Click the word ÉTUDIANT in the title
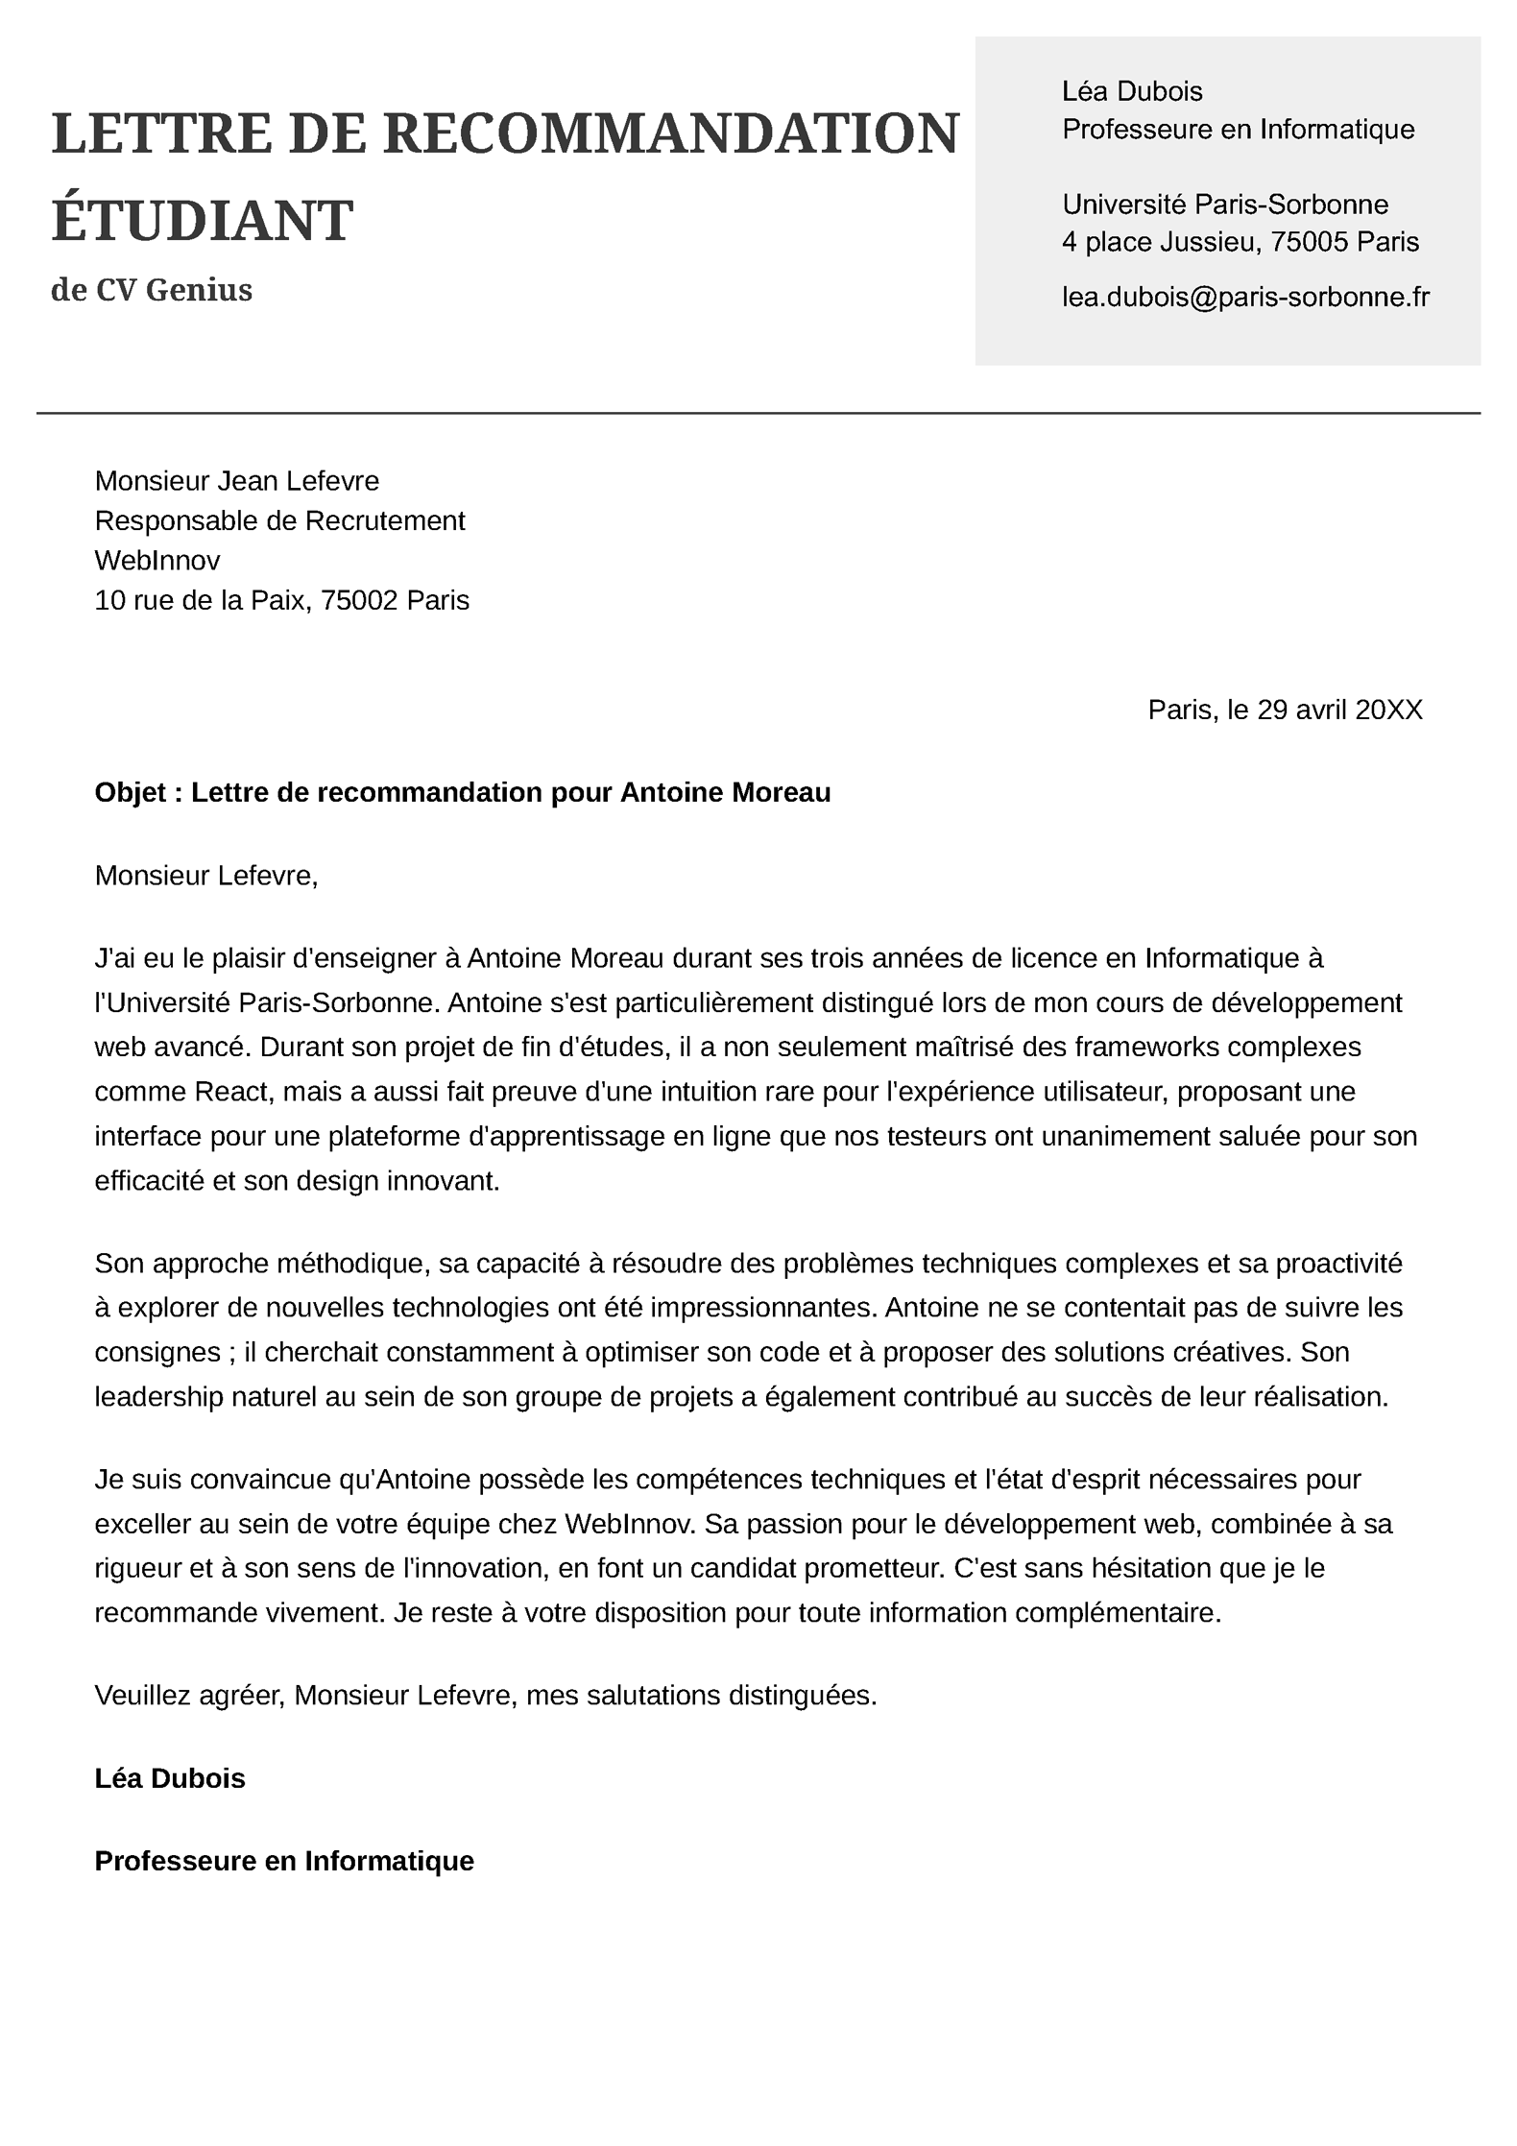[202, 221]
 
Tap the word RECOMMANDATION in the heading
[671, 133]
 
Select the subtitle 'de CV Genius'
[152, 290]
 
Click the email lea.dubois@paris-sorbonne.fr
[1245, 297]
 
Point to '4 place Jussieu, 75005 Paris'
[1240, 242]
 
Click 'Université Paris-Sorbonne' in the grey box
[1225, 205]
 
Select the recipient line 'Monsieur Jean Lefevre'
[237, 480]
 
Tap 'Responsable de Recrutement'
[279, 520]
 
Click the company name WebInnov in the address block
[157, 560]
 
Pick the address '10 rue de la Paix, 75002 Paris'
[281, 600]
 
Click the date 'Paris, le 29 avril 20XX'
[1285, 710]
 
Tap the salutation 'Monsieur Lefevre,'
[205, 876]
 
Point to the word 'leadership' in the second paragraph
[158, 1396]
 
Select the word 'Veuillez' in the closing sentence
[142, 1696]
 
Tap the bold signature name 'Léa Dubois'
[170, 1778]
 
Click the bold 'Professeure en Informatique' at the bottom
[284, 1861]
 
